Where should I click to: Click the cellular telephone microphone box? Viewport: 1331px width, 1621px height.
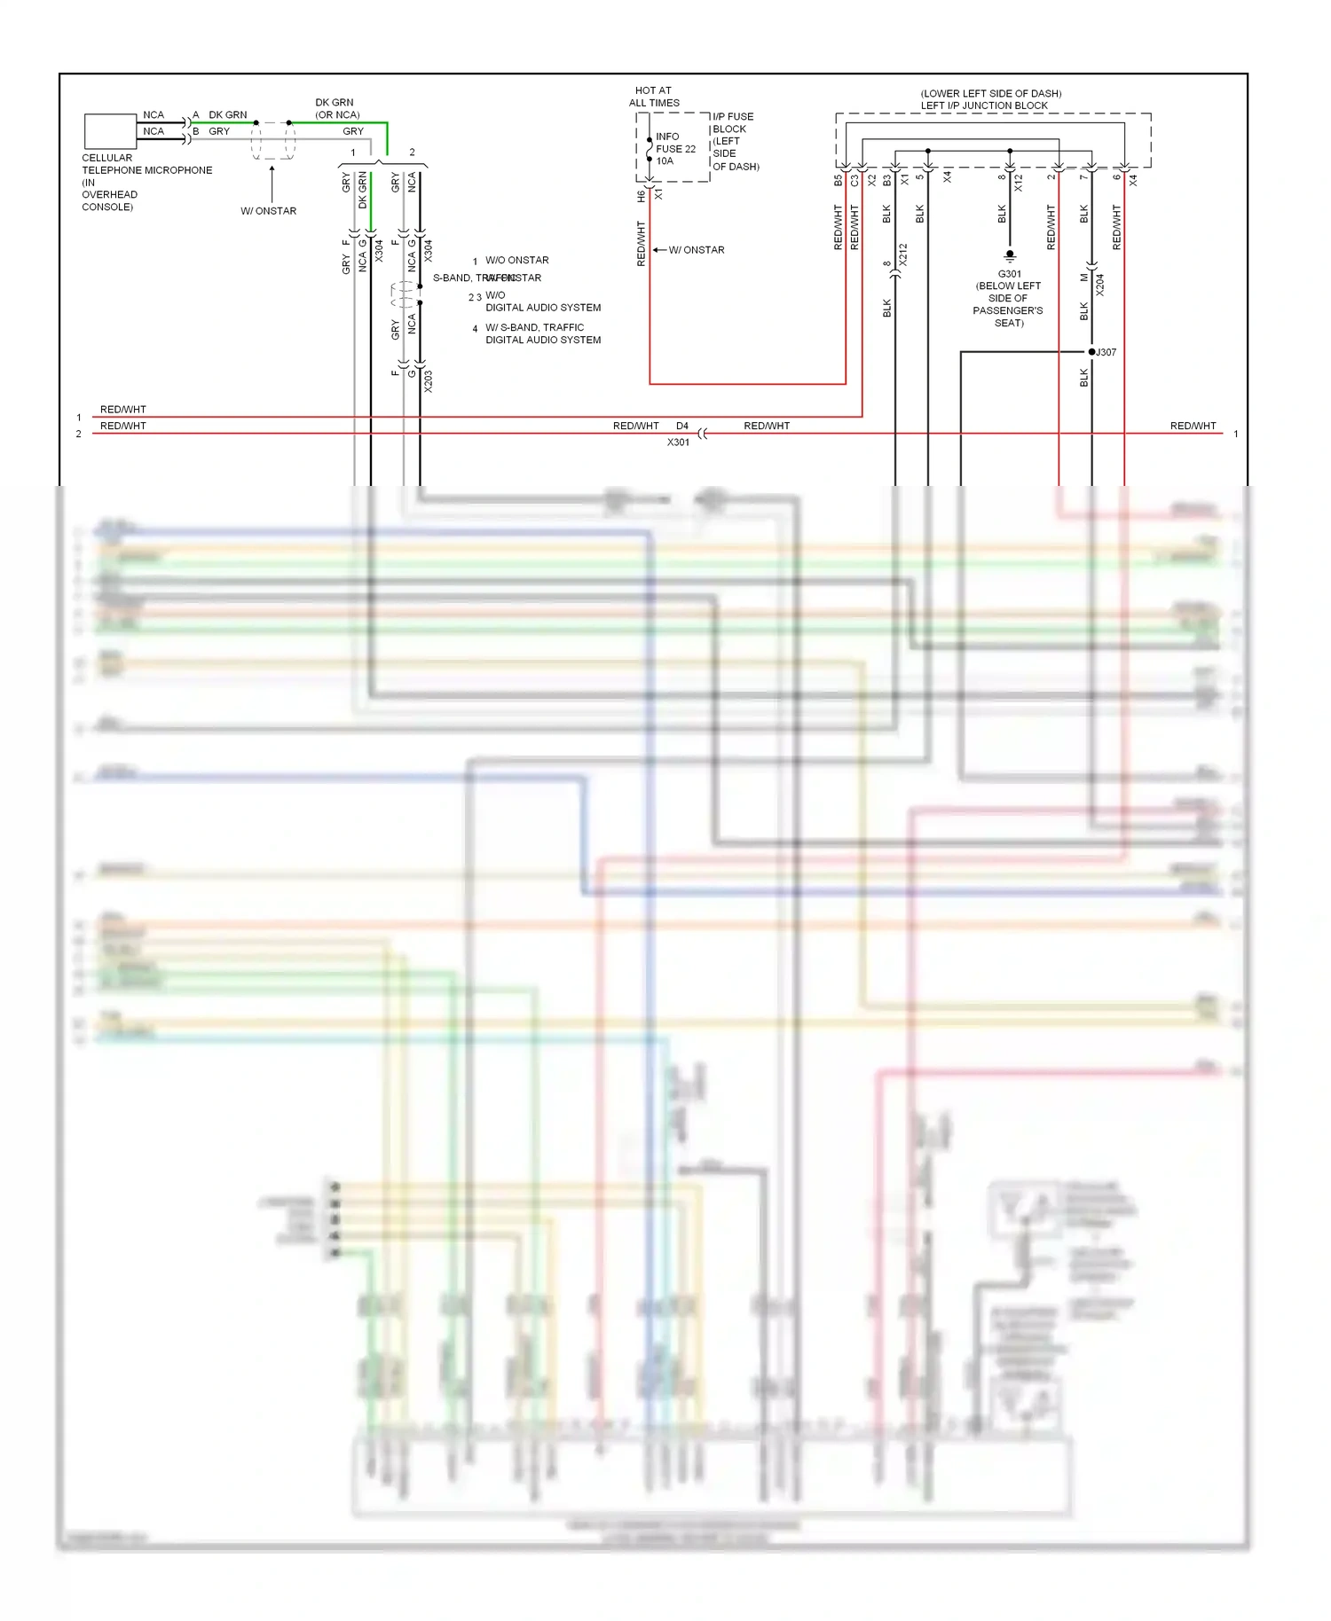coord(110,131)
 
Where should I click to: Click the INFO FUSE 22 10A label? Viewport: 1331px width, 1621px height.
coord(675,149)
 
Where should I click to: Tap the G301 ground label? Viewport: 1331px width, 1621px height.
coord(1010,274)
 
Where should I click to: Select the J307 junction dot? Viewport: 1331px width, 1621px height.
coord(1091,352)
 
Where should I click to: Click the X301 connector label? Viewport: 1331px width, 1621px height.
coord(678,442)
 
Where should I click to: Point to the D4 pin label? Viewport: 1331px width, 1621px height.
coord(681,427)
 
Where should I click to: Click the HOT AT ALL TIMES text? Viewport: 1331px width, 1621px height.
coord(654,97)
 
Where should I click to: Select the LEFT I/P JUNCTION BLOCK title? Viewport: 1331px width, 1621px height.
coord(984,106)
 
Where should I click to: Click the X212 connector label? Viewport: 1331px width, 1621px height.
coord(903,255)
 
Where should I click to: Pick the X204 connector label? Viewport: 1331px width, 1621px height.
coord(1100,285)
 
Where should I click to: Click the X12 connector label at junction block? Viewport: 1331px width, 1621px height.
coord(1019,184)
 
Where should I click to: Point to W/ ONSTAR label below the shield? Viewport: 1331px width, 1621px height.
coord(269,211)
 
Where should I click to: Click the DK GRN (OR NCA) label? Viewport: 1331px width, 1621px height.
coord(336,108)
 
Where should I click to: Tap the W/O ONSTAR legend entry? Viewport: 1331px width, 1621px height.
coord(516,261)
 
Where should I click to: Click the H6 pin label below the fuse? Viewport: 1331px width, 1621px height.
coord(641,196)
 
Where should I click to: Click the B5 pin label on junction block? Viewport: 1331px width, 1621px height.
coord(838,180)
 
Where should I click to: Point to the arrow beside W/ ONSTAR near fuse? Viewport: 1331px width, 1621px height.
coord(658,250)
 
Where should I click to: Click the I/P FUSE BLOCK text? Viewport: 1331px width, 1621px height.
coord(733,122)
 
